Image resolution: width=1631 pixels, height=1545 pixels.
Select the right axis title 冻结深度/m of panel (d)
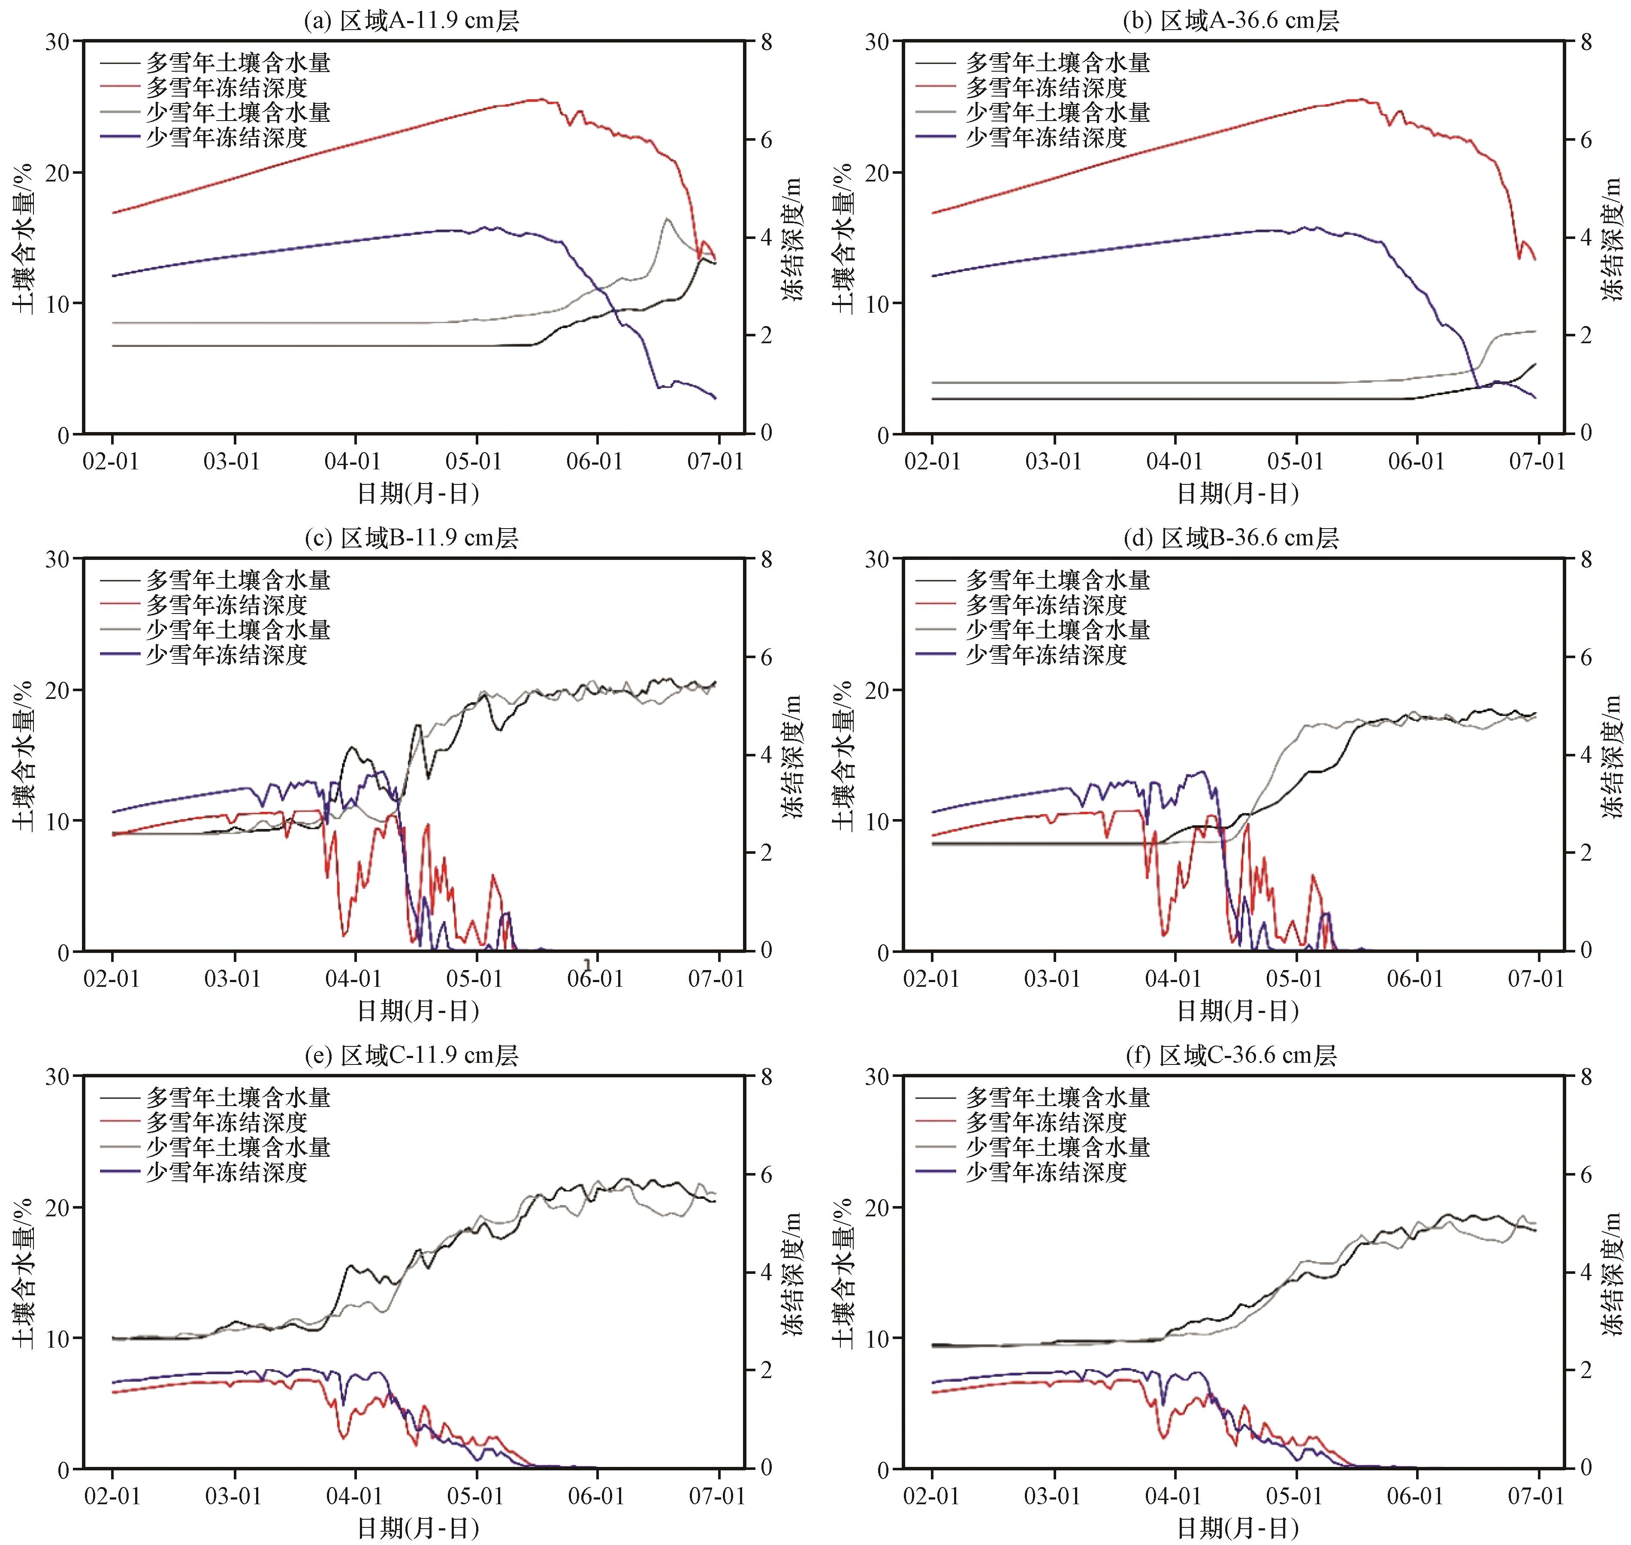(1612, 756)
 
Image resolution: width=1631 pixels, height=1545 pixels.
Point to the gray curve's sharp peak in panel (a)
(666, 218)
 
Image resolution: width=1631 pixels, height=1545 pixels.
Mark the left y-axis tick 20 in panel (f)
(878, 1207)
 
